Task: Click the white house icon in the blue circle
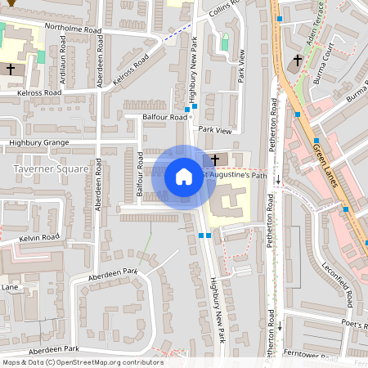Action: point(184,176)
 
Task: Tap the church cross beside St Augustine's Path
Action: point(215,159)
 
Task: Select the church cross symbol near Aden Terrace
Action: point(297,61)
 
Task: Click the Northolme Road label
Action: point(73,29)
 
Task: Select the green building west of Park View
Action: point(225,41)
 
